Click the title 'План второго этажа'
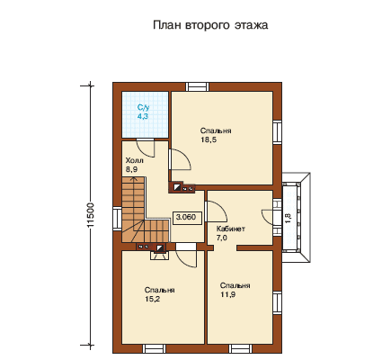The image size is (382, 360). tap(210, 25)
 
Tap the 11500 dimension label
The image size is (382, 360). tap(91, 215)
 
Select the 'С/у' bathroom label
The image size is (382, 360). tap(143, 107)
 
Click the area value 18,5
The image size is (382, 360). tap(209, 139)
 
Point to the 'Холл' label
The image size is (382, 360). tap(135, 160)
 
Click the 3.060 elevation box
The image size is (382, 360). tap(186, 217)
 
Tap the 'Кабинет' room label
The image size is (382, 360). tap(231, 229)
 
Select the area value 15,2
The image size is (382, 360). tap(152, 299)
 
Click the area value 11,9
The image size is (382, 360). tap(228, 294)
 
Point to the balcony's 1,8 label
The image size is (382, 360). tap(288, 218)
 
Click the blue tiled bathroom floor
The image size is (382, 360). tap(145, 115)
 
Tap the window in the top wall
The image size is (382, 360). tap(197, 86)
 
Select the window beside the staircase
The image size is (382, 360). tap(117, 219)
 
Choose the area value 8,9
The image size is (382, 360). tap(131, 169)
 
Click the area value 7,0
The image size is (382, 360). tap(222, 238)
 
